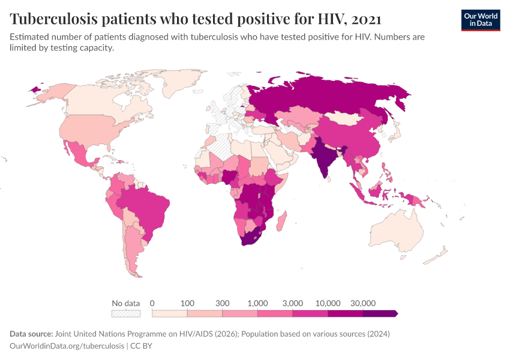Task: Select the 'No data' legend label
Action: tap(125, 303)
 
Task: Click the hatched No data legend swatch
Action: tap(125, 313)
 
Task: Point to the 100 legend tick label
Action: tap(187, 303)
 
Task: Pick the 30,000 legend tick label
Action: tap(363, 303)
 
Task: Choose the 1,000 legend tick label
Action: tap(257, 303)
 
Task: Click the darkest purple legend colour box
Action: tap(380, 313)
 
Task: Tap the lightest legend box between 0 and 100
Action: tap(170, 313)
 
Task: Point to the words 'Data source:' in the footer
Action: tap(31, 334)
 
